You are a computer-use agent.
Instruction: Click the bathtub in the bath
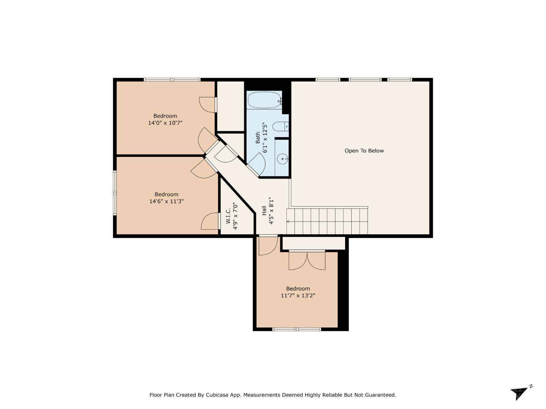pyautogui.click(x=264, y=100)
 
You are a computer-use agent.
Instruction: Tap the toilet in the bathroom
pyautogui.click(x=280, y=127)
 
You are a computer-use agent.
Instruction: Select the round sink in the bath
pyautogui.click(x=282, y=159)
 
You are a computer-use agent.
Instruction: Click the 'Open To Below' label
pyautogui.click(x=364, y=151)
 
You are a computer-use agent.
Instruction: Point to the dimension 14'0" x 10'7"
pyautogui.click(x=165, y=123)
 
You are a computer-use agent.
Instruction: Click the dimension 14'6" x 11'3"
pyautogui.click(x=166, y=201)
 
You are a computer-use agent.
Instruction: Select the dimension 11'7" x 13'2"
pyautogui.click(x=298, y=296)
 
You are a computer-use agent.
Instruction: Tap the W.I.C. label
pyautogui.click(x=228, y=216)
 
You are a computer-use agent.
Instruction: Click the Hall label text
pyautogui.click(x=264, y=210)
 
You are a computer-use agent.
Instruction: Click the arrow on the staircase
pyautogui.click(x=288, y=221)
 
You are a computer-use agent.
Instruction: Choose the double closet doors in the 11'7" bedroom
pyautogui.click(x=307, y=260)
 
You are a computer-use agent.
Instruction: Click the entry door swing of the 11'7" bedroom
pyautogui.click(x=268, y=245)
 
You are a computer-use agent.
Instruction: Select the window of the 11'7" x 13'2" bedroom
pyautogui.click(x=297, y=329)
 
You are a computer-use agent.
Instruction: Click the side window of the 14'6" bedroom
pyautogui.click(x=115, y=193)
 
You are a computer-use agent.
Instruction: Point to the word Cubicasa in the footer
pyautogui.click(x=217, y=395)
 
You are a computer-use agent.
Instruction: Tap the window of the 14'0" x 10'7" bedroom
pyautogui.click(x=172, y=80)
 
